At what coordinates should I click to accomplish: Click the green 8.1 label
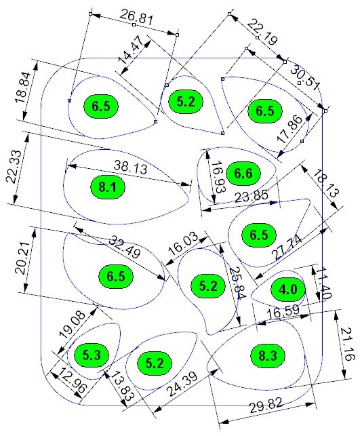pos(108,186)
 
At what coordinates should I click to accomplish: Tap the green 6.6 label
pos(243,173)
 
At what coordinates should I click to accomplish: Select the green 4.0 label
pos(288,290)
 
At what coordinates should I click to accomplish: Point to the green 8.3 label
pos(268,356)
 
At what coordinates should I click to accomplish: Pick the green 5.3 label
pos(92,355)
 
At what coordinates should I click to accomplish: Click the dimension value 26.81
pos(136,18)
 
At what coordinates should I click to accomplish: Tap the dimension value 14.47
pos(130,49)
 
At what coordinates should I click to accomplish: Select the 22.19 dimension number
pos(262,32)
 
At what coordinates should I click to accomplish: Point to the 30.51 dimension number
pos(305,79)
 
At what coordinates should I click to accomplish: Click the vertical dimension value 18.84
pos(23,87)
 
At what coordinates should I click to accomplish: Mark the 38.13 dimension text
pos(130,167)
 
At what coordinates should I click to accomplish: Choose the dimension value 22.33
pos(14,166)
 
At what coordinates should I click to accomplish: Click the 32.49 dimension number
pos(124,247)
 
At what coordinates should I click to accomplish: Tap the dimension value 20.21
pos(22,258)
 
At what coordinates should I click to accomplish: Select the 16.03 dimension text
pos(183,243)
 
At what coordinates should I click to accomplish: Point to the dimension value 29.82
pos(266,405)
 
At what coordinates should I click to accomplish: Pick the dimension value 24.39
pos(182,384)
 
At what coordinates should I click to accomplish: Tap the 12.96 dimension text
pos(73,382)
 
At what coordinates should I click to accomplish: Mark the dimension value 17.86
pos(289,129)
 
